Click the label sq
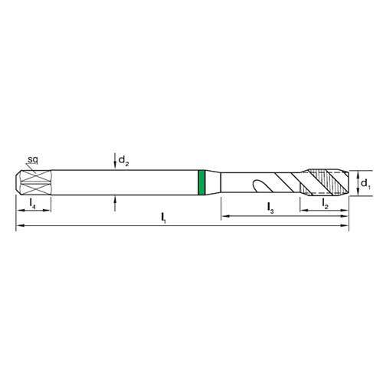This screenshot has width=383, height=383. point(34,159)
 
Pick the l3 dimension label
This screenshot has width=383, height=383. point(271,207)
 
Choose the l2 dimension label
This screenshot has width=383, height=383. point(325,202)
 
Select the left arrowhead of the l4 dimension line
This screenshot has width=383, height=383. point(18,211)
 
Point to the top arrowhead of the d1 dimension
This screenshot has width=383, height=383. point(357,172)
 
